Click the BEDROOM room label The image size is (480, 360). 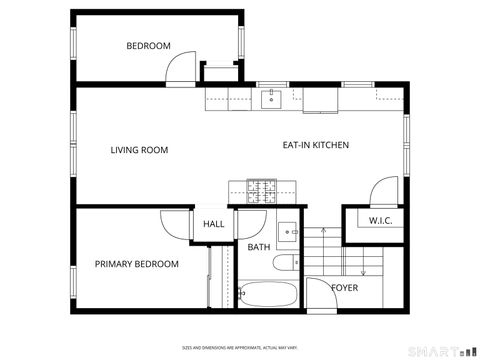pyautogui.click(x=148, y=46)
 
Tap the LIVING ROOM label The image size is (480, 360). pyautogui.click(x=139, y=150)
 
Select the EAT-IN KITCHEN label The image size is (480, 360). pyautogui.click(x=316, y=145)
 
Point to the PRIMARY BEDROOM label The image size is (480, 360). pyautogui.click(x=137, y=264)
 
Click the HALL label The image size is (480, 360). pyautogui.click(x=214, y=225)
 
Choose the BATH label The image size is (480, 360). pyautogui.click(x=259, y=247)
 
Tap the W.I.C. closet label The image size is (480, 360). pyautogui.click(x=379, y=220)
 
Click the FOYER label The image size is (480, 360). pyautogui.click(x=345, y=288)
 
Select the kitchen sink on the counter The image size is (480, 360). pyautogui.click(x=271, y=98)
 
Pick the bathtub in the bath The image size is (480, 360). pyautogui.click(x=267, y=296)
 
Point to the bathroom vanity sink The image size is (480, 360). pyautogui.click(x=288, y=233)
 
